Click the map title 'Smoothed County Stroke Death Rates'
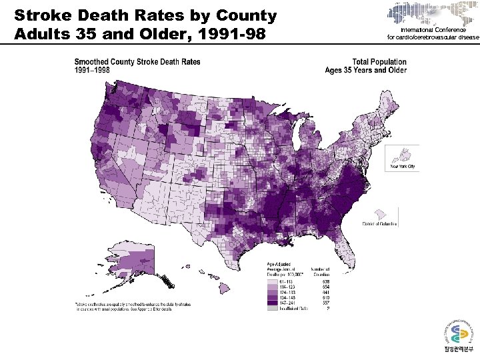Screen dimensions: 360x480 [x=137, y=62]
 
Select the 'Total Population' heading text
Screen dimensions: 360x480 [x=379, y=62]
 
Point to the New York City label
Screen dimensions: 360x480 [x=403, y=167]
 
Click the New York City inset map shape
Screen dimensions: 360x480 [x=403, y=154]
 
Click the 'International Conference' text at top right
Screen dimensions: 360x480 [x=433, y=31]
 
